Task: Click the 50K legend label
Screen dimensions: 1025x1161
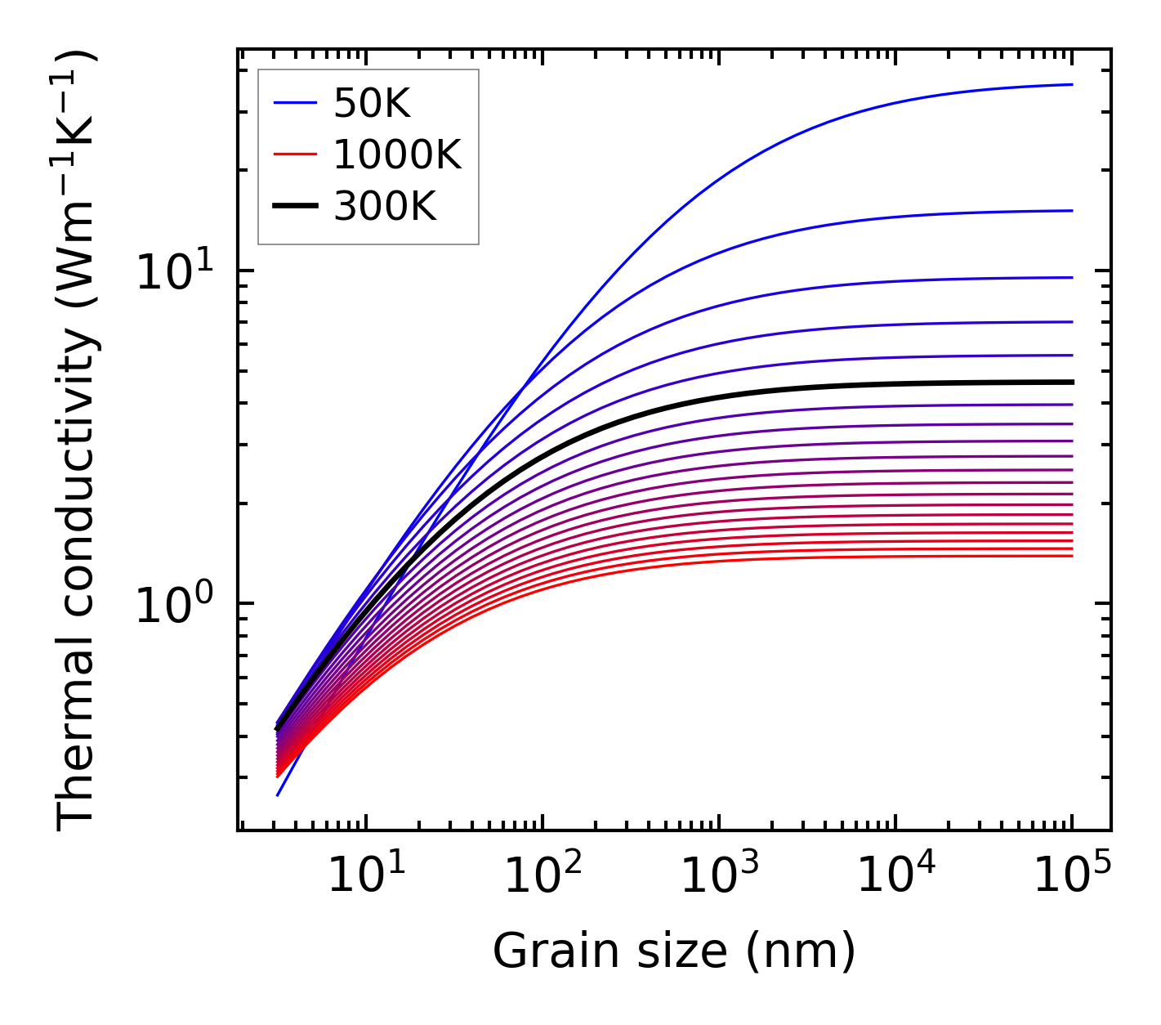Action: point(372,104)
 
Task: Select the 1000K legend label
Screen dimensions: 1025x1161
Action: point(397,154)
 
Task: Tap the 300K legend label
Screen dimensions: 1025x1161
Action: point(385,207)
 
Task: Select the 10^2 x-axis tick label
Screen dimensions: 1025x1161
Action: point(543,876)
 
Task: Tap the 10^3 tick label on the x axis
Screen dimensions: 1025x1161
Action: point(719,876)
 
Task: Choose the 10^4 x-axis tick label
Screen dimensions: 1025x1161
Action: point(895,876)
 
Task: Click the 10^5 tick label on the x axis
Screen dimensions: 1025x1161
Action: point(1072,876)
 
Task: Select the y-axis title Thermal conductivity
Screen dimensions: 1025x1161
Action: point(78,440)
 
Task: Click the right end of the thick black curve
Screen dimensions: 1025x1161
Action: point(1071,382)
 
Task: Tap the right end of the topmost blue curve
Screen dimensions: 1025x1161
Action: point(1071,84)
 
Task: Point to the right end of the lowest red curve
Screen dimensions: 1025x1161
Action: point(1071,556)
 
